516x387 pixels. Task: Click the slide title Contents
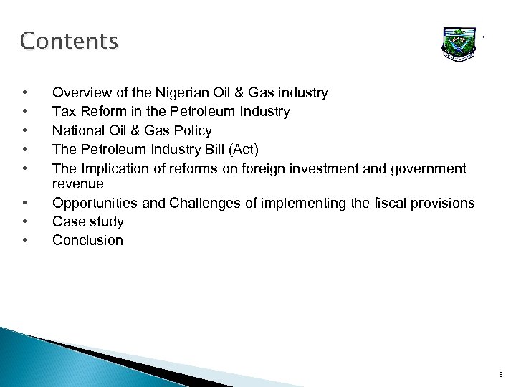click(70, 42)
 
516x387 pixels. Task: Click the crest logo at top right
click(460, 47)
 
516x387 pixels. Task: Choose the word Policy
click(191, 130)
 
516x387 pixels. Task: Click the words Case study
click(87, 221)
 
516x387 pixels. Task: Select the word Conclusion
click(87, 240)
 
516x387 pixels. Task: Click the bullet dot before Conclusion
click(25, 240)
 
